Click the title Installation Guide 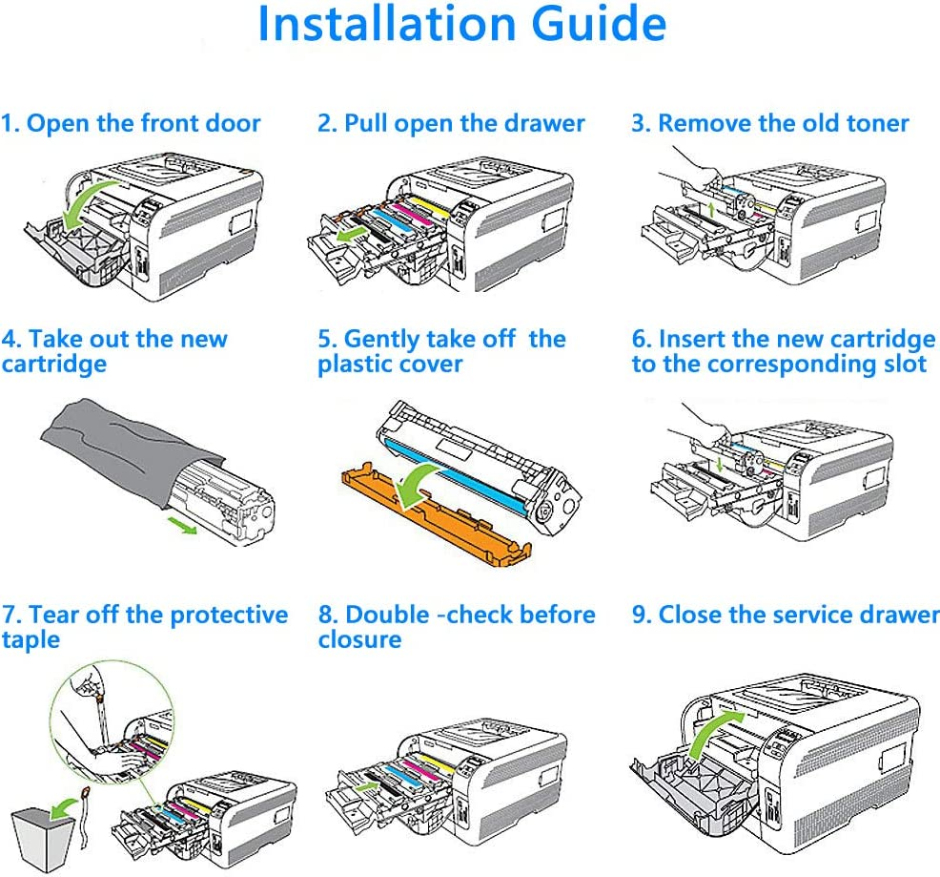461,26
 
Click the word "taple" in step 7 31,639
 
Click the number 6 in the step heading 641,340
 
